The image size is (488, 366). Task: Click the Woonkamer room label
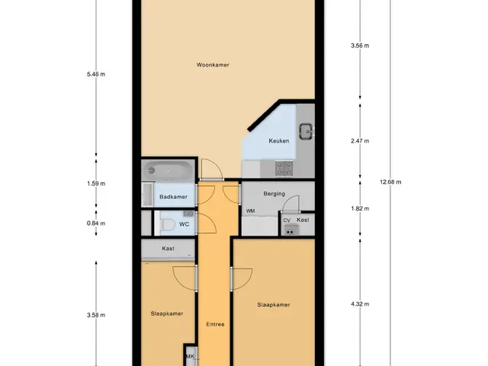[213, 65]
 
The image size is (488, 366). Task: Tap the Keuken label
[279, 141]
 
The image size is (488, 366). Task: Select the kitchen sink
[307, 131]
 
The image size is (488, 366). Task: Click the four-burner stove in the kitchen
[284, 169]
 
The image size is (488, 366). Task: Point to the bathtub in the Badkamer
[168, 170]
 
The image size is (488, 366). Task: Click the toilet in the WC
[167, 224]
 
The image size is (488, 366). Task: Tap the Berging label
[274, 194]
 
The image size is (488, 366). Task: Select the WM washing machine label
[251, 211]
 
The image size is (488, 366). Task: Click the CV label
[287, 220]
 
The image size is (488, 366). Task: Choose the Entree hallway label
[215, 324]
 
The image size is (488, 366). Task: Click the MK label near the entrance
[190, 356]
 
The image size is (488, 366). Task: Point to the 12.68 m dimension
[390, 182]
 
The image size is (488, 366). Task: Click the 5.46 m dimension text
[96, 74]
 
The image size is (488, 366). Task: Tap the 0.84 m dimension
[96, 223]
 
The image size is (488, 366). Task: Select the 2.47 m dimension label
[360, 141]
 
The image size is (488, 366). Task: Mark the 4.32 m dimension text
[360, 304]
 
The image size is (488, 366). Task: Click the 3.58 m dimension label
[96, 315]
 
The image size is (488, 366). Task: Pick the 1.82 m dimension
[360, 208]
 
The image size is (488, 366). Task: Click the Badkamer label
[173, 197]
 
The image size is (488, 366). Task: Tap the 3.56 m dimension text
[360, 46]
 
